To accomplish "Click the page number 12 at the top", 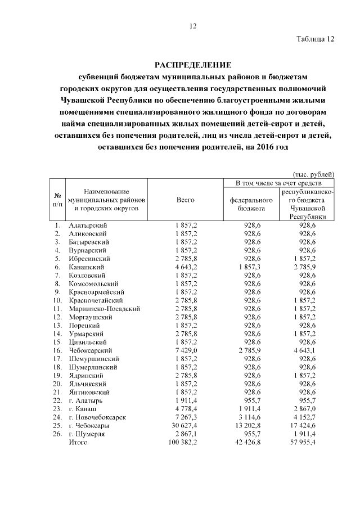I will pyautogui.click(x=192, y=26).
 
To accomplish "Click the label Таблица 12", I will pyautogui.click(x=315, y=39).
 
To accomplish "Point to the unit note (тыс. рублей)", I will pyautogui.click(x=314, y=174).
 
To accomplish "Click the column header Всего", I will pyautogui.click(x=186, y=200).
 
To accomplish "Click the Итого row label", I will pyautogui.click(x=78, y=443).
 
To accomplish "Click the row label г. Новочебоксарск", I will pyautogui.click(x=97, y=417).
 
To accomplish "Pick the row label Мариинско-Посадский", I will pyautogui.click(x=104, y=308).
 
